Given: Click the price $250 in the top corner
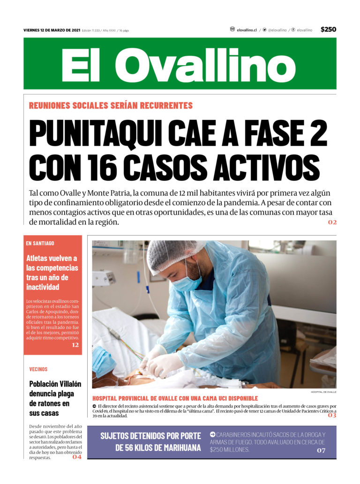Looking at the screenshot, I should pos(328,30).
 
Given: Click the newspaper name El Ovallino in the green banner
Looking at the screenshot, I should pos(179,65).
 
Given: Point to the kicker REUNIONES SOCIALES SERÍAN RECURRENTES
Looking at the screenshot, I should pos(111,105).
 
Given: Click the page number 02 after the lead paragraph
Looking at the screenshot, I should pos(332,222).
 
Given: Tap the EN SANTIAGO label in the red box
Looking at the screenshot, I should pos(40,243).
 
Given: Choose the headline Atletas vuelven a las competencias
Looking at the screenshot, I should pos(52,272).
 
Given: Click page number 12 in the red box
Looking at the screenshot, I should pos(75,345).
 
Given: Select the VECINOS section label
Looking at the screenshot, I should pos(38,369).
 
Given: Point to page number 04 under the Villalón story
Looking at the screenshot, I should pos(77,457).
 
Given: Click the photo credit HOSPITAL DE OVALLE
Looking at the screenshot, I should pos(323,392).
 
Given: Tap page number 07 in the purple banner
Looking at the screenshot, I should pos(321,450).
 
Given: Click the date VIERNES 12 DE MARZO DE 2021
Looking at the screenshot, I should pos(52,30).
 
